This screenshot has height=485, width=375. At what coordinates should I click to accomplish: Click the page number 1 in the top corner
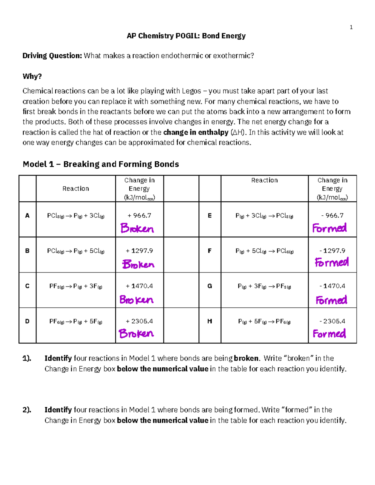click(x=351, y=27)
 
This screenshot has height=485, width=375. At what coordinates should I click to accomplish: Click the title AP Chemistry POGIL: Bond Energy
click(x=186, y=36)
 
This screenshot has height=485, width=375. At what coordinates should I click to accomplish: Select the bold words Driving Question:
click(x=52, y=56)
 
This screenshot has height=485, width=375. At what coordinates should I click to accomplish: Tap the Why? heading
click(x=32, y=76)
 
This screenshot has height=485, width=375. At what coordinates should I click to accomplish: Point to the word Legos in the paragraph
click(x=191, y=91)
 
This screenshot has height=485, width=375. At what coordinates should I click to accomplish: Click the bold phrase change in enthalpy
click(x=196, y=132)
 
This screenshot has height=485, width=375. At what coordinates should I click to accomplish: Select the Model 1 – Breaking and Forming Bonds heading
click(x=101, y=164)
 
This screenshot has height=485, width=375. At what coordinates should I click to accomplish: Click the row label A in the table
click(x=27, y=216)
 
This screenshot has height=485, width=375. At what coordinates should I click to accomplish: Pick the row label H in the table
click(x=210, y=321)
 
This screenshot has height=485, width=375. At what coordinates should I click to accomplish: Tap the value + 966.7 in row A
click(x=139, y=216)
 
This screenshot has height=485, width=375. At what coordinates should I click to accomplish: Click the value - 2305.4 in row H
click(x=332, y=321)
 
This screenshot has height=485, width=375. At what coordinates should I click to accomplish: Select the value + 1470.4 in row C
click(x=139, y=286)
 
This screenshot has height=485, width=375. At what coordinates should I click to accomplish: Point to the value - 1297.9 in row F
click(x=332, y=251)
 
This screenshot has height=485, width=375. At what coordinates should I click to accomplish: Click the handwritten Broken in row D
click(x=136, y=334)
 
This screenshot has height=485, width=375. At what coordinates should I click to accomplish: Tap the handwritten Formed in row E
click(x=329, y=228)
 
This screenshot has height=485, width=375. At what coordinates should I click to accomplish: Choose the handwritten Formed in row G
click(x=331, y=300)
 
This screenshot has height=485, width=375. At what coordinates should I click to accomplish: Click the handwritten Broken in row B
click(x=138, y=264)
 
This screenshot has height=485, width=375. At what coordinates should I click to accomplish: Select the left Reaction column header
click(x=76, y=189)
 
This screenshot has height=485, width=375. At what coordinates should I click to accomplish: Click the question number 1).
click(x=27, y=358)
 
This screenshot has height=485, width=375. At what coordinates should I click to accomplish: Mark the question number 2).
click(x=27, y=410)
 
